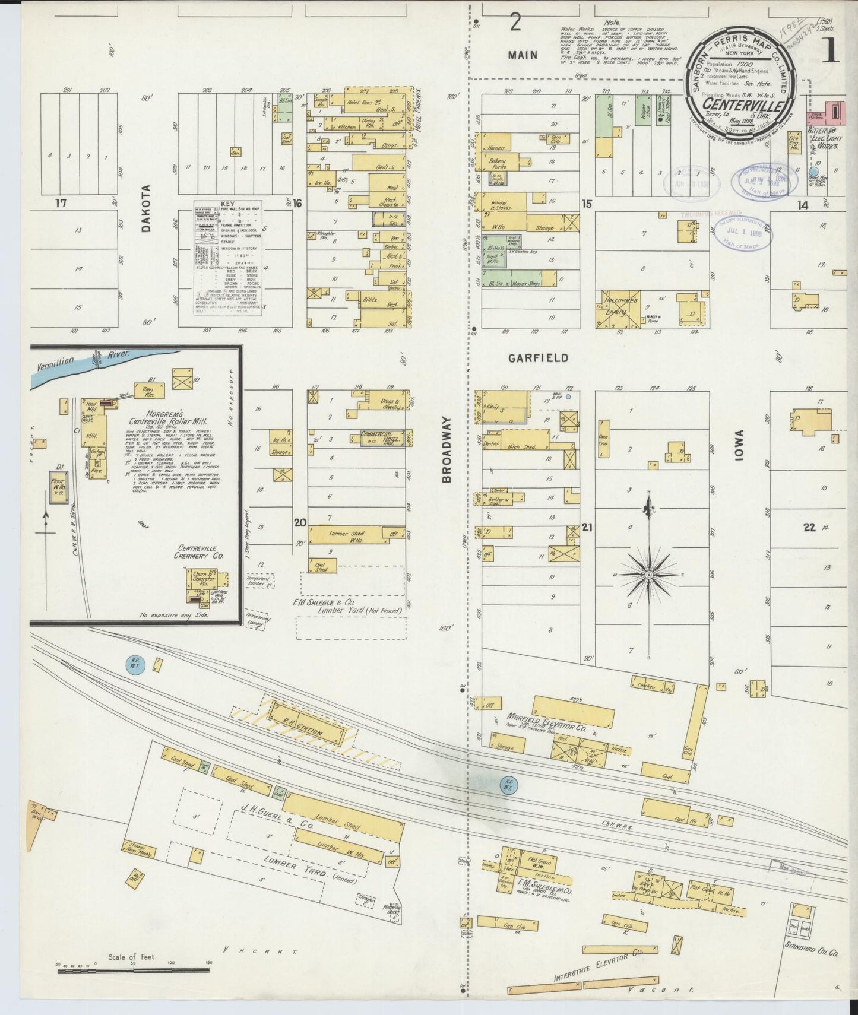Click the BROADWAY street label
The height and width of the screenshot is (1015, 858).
447,449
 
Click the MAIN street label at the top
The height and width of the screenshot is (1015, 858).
523,55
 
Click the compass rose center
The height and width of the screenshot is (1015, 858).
650,575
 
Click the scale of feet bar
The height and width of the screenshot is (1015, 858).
132,971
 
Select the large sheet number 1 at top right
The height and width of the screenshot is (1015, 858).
830,52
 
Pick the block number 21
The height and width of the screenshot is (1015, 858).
587,527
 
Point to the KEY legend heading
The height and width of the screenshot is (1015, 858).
227,203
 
